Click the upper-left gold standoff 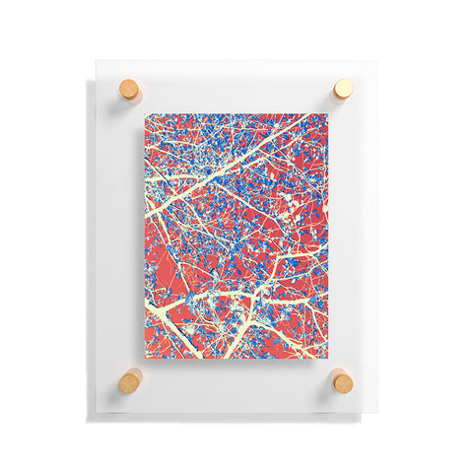point(130,89)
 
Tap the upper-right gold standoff point(342,89)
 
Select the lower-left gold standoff point(130,380)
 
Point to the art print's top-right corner point(327,113)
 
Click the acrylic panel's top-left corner point(97,61)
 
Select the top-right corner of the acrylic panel point(375,61)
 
